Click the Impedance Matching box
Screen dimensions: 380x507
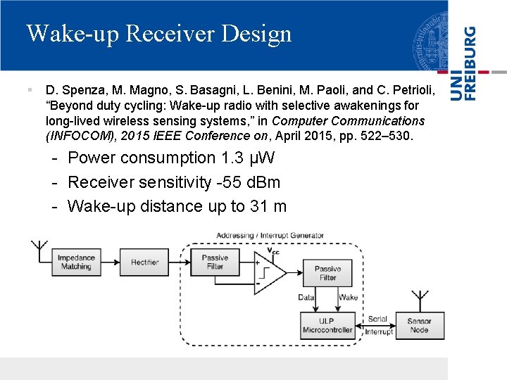[76, 262]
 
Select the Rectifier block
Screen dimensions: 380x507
[144, 262]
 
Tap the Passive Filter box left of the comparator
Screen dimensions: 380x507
[215, 262]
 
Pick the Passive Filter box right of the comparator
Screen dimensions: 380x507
[327, 273]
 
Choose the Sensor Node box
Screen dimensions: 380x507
[419, 325]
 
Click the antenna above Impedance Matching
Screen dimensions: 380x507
[39, 251]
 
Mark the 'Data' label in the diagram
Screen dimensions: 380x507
[306, 298]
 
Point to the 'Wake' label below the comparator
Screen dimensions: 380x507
[348, 298]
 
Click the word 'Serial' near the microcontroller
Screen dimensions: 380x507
[377, 319]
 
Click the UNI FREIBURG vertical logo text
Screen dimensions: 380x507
[464, 63]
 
